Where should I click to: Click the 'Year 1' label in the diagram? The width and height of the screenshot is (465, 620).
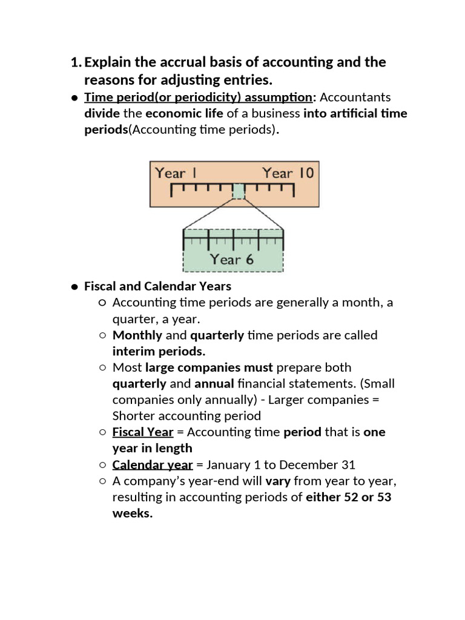[x=176, y=173]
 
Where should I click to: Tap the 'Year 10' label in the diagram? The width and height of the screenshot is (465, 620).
[x=288, y=173]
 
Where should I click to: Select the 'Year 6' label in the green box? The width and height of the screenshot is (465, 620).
[x=231, y=259]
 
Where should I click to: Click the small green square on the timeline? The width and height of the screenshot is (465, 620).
[x=239, y=191]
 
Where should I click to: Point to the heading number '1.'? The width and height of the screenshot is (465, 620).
[x=76, y=62]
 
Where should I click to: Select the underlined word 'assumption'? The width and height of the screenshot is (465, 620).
[x=279, y=97]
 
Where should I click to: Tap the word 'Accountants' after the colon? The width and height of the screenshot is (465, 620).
[x=355, y=97]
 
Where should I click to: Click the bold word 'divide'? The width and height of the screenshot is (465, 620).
[x=102, y=113]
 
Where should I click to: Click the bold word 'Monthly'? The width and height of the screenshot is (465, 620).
[x=137, y=335]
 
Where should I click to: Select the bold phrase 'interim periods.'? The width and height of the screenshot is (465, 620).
[x=159, y=352]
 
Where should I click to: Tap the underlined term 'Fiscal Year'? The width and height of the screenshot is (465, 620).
[x=143, y=432]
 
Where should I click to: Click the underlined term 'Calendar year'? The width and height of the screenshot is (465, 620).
[x=153, y=465]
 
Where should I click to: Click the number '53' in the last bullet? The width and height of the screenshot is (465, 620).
[x=384, y=497]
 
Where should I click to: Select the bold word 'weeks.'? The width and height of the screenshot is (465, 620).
[x=133, y=513]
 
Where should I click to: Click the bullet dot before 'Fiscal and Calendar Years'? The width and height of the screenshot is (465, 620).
[x=74, y=287]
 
